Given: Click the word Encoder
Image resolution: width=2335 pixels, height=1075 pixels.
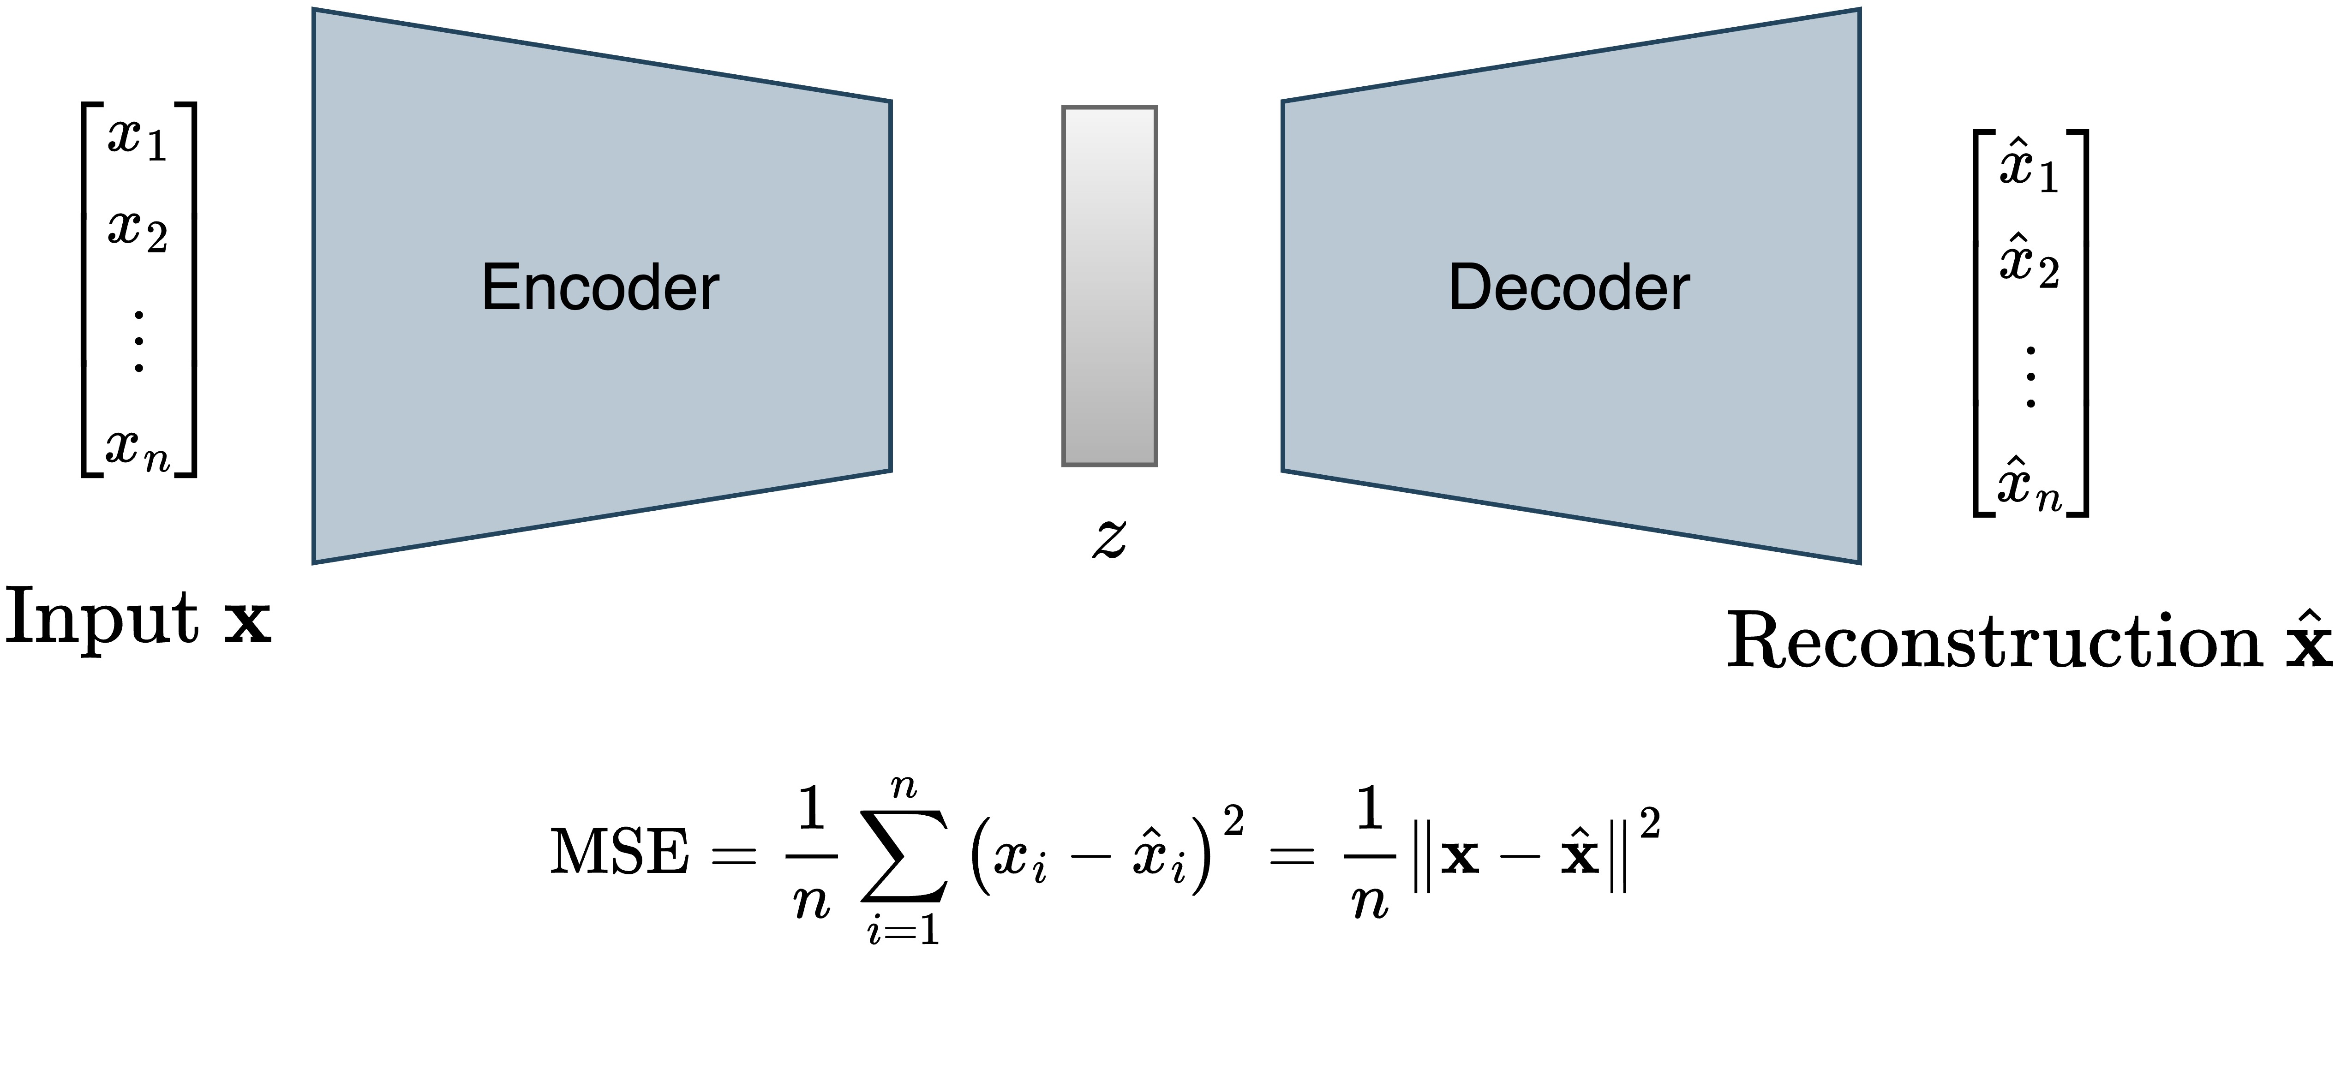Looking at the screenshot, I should (600, 288).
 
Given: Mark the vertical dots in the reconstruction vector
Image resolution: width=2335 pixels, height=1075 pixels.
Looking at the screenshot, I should (2030, 376).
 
